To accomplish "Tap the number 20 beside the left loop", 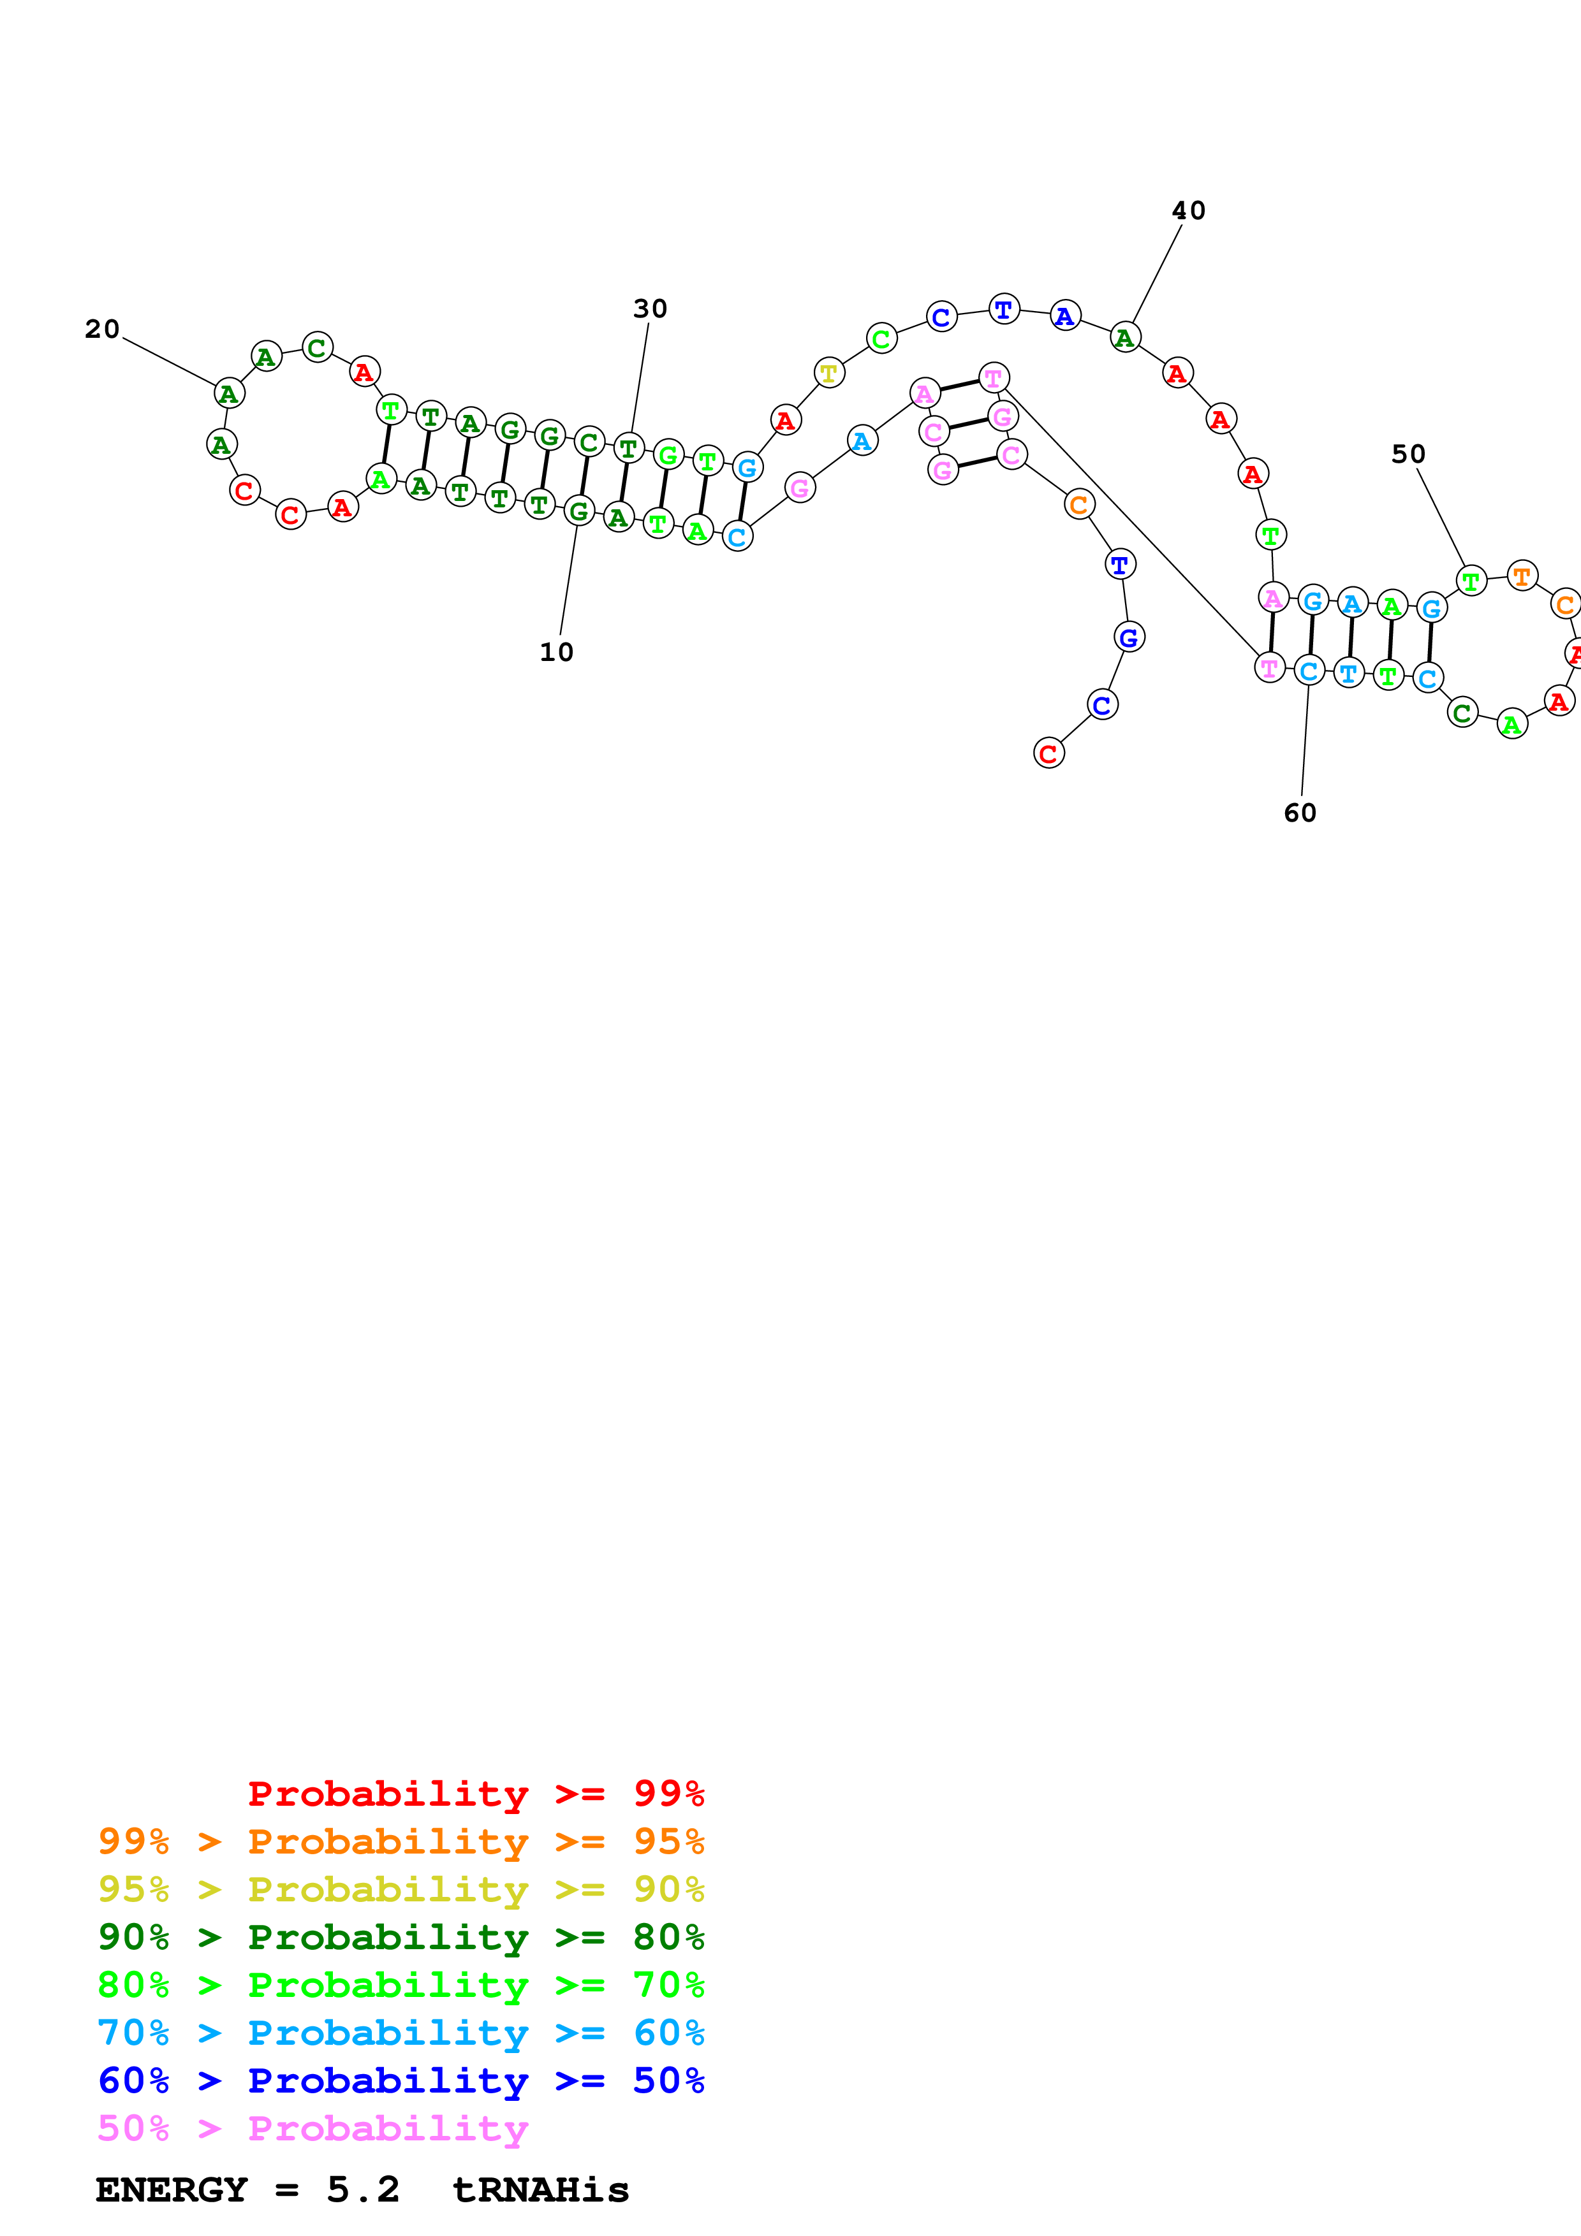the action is pyautogui.click(x=102, y=329).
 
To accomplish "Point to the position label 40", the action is pyautogui.click(x=1188, y=210).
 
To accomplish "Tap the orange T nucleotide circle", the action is pyautogui.click(x=1522, y=576).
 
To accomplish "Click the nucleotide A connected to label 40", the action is pyautogui.click(x=1125, y=337).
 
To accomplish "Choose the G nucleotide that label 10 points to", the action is pyautogui.click(x=578, y=511).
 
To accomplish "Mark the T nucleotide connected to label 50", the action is pyautogui.click(x=1471, y=581).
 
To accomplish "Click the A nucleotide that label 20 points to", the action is pyautogui.click(x=229, y=393).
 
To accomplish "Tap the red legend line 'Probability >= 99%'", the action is pyautogui.click(x=475, y=1793).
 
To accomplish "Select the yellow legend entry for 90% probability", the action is pyautogui.click(x=401, y=1889).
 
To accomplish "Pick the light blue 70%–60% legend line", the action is pyautogui.click(x=401, y=2033).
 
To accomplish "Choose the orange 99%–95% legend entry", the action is pyautogui.click(x=401, y=1841).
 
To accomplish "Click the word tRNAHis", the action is pyautogui.click(x=541, y=2190).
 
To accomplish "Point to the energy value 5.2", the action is pyautogui.click(x=362, y=2190).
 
